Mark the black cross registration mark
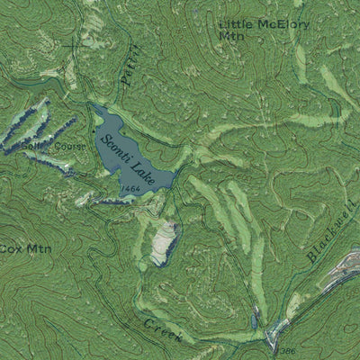[77, 42]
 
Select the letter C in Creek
[148, 322]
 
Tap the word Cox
[12, 247]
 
